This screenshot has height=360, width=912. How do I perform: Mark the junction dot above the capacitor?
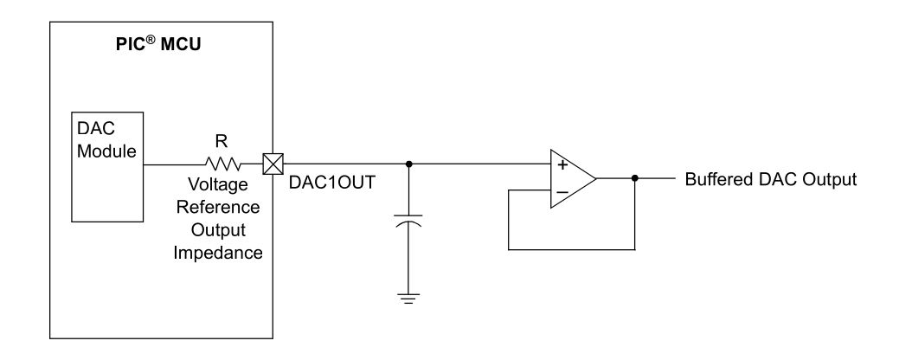(x=408, y=162)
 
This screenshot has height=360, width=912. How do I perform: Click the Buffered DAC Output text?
(x=770, y=179)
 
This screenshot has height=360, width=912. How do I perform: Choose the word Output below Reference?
(x=223, y=231)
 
